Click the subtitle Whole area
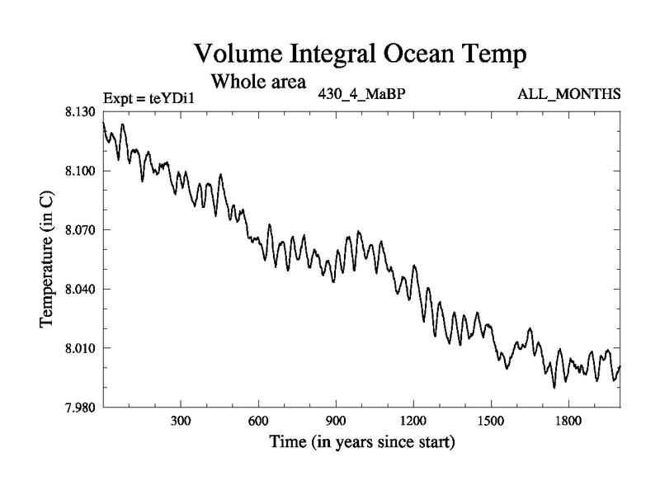click(x=259, y=82)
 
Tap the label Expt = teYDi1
click(x=148, y=98)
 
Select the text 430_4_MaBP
click(x=361, y=94)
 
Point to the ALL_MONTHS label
click(x=568, y=94)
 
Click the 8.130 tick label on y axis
click(x=81, y=111)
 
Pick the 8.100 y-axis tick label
click(x=81, y=171)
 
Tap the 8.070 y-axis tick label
click(x=81, y=229)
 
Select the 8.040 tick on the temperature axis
click(x=81, y=289)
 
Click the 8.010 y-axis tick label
click(x=81, y=348)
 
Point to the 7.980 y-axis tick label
click(x=81, y=407)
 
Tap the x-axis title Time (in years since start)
click(x=361, y=443)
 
